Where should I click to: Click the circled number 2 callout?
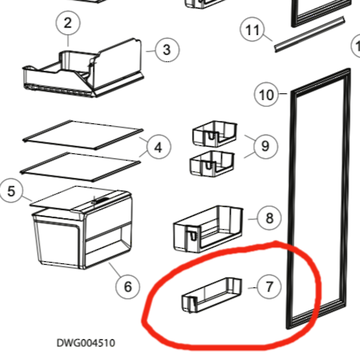coord(68,23)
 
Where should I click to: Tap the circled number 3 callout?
coord(167,50)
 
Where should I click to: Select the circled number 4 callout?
coord(159,147)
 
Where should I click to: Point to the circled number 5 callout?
coord(11,191)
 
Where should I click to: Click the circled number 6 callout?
coord(127,287)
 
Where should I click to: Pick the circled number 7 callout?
coord(269,287)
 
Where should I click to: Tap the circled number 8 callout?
coord(269,218)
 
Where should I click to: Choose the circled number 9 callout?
coord(265,146)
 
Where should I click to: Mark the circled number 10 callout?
coord(266,94)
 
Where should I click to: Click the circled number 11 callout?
coord(252,29)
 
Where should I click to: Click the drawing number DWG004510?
coord(86,343)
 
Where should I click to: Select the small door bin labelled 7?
coord(211,295)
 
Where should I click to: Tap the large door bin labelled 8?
coord(208,229)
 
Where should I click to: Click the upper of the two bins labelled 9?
coord(215,134)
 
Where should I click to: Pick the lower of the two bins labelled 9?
coord(212,163)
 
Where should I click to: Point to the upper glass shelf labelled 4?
coord(83,135)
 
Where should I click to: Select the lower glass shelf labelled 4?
coord(80,167)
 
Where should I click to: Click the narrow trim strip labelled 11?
coord(309,35)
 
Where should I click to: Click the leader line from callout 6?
coord(115,270)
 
